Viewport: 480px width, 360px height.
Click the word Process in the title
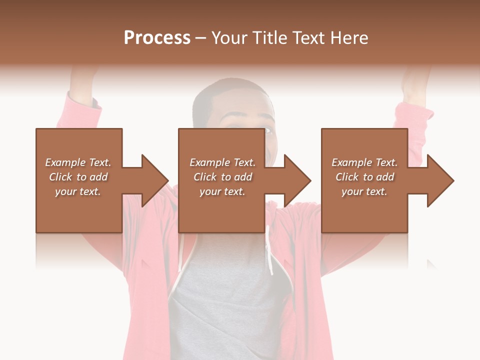(x=157, y=38)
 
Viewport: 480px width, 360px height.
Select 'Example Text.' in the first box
(x=78, y=162)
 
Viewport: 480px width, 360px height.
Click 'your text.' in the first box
(x=78, y=191)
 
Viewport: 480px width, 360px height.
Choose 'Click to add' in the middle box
(x=222, y=177)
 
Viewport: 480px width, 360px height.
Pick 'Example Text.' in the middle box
(x=222, y=162)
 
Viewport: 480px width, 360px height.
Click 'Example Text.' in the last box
(x=364, y=162)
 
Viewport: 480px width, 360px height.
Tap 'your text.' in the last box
(x=364, y=191)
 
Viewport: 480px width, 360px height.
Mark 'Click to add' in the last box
(x=364, y=177)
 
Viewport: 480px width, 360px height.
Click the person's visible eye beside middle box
(x=268, y=131)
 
